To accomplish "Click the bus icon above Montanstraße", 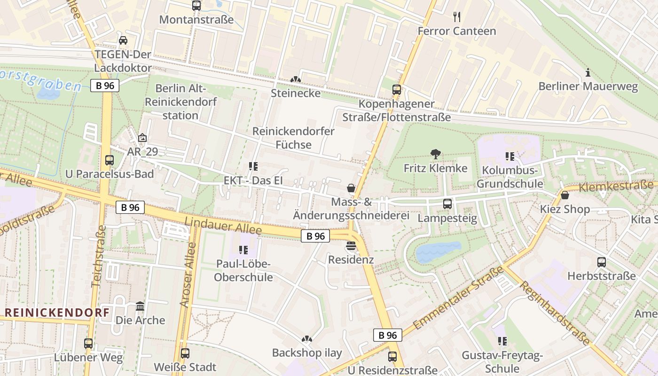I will pos(196,6).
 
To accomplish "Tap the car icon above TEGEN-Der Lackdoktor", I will pos(123,40).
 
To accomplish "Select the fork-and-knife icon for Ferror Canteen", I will pos(457,17).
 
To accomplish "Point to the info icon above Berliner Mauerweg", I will pos(587,73).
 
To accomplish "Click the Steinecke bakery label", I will pos(296,93).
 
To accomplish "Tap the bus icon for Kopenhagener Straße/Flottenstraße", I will pos(397,90).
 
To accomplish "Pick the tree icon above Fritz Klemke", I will pos(436,154).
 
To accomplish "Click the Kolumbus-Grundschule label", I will pos(510,177).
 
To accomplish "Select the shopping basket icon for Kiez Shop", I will pos(565,195).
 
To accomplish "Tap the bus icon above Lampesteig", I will pos(447,204).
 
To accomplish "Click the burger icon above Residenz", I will pos(351,246).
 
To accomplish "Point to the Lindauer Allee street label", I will pos(223,226).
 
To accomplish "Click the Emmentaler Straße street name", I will pos(458,298).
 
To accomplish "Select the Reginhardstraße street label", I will pos(554,313).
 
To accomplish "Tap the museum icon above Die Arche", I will pos(140,306).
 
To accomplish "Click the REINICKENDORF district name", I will pos(57,313).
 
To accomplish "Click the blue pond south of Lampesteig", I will pos(438,251).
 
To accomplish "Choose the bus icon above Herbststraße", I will pos(602,262).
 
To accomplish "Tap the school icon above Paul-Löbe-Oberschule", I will pos(243,250).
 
